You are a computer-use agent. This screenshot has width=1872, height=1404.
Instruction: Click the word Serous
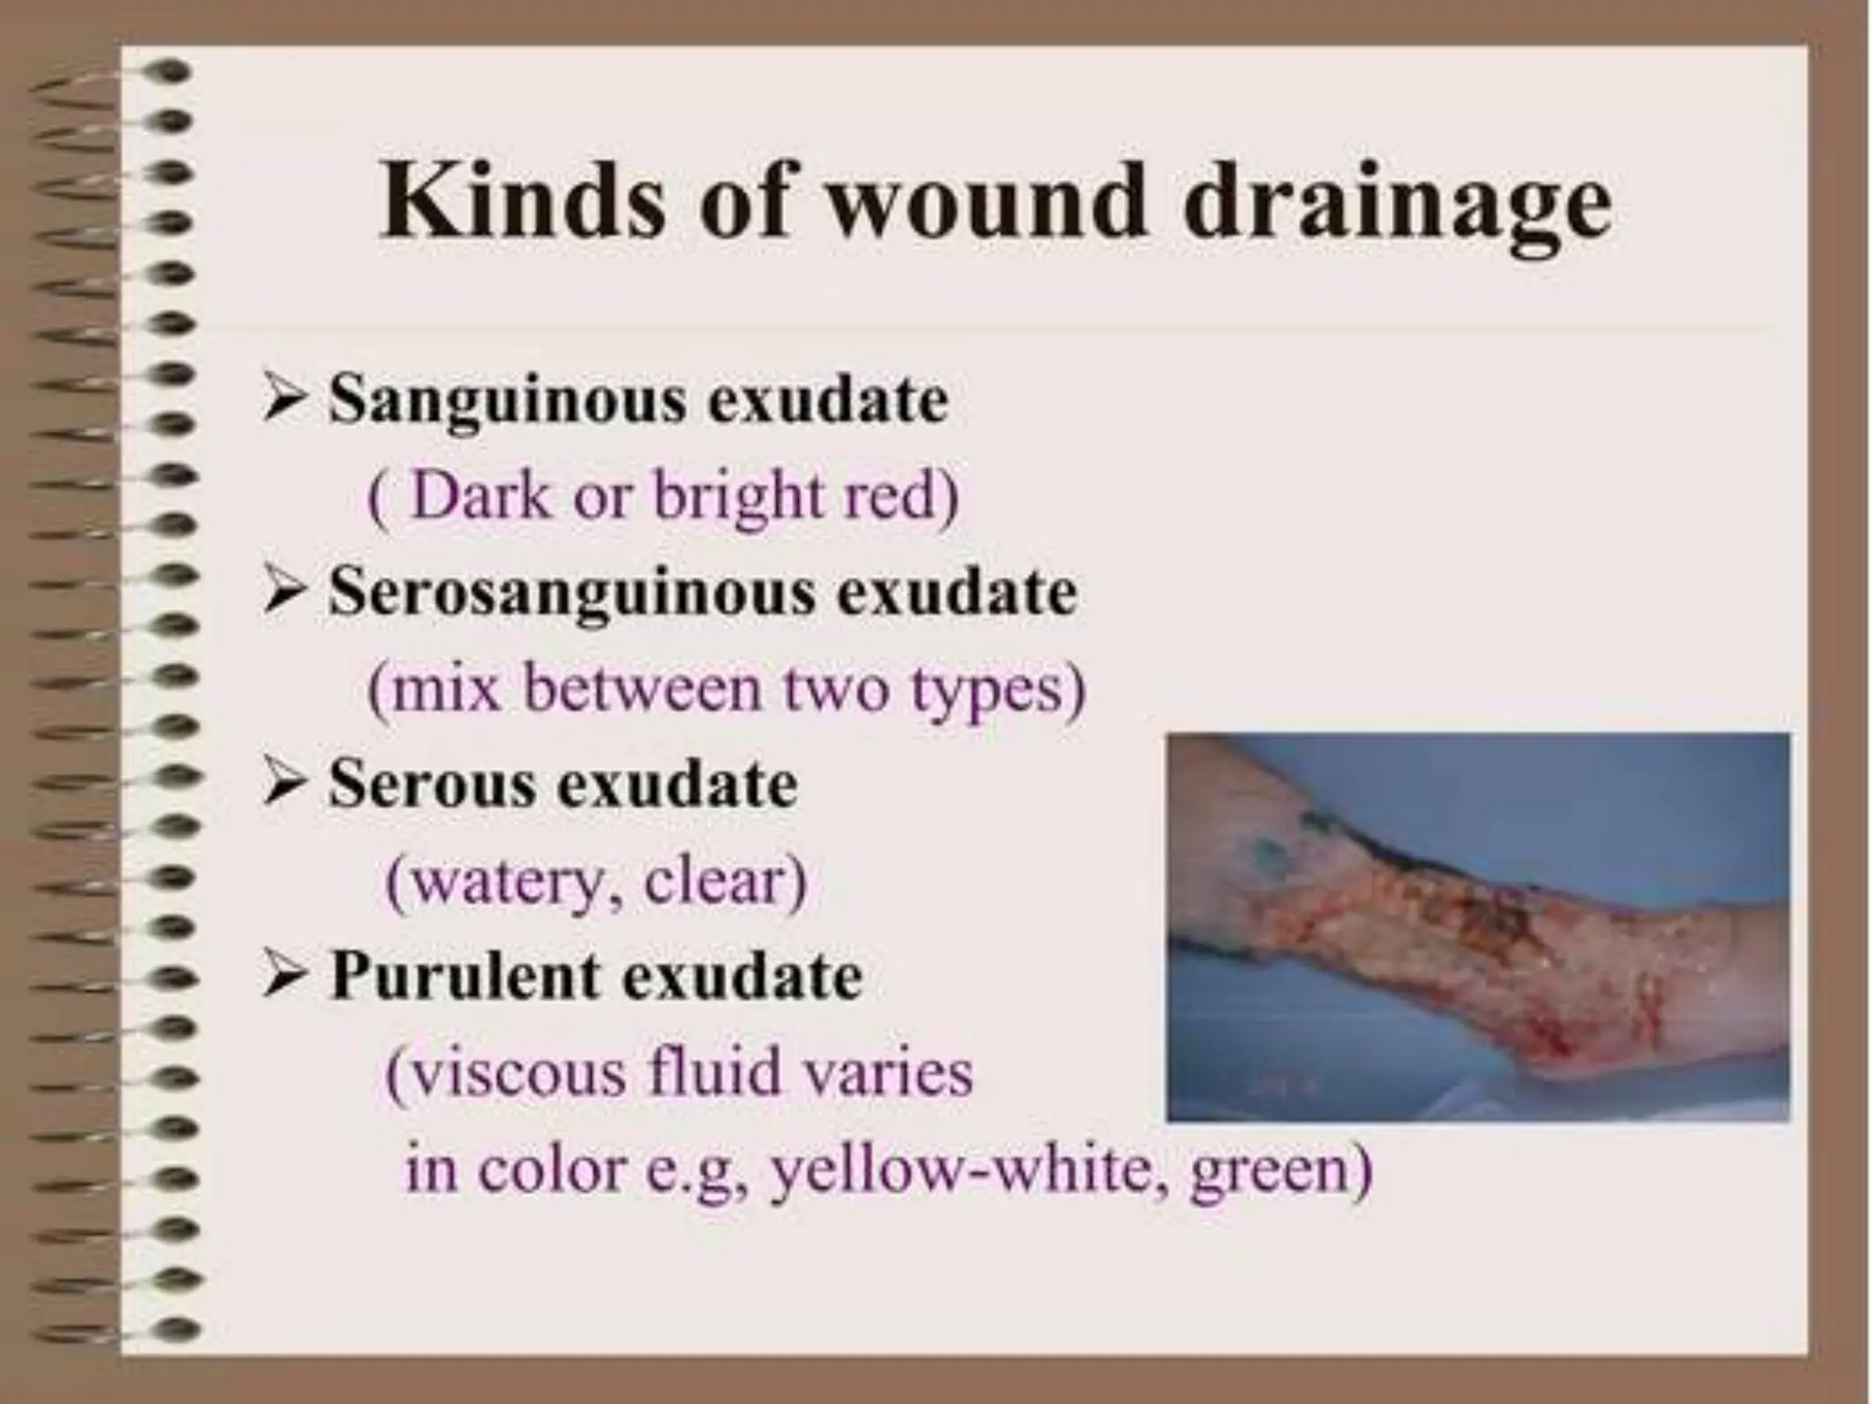pyautogui.click(x=431, y=784)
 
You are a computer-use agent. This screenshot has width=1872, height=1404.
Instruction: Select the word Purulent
pyautogui.click(x=463, y=975)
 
